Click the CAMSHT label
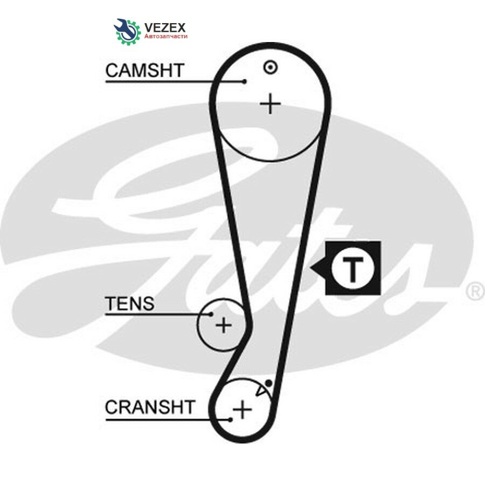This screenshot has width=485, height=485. (145, 71)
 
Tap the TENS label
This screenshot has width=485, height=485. (129, 303)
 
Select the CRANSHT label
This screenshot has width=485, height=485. (150, 407)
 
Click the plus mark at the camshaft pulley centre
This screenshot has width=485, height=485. (271, 103)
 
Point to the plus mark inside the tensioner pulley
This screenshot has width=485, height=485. (224, 325)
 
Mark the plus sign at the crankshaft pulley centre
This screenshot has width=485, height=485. (242, 410)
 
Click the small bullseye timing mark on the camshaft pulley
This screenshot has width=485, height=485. (271, 67)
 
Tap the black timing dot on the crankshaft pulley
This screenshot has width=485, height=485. (269, 384)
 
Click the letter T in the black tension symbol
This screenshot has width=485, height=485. (353, 269)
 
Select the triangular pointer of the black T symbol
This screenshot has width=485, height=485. (317, 268)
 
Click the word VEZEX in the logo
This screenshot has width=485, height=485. (165, 27)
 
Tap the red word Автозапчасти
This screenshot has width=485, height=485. (166, 37)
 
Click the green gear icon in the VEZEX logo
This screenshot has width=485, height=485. (129, 32)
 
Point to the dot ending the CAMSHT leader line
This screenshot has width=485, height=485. (244, 82)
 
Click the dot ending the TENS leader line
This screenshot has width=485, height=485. (211, 314)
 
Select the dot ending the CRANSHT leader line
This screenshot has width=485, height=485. (231, 420)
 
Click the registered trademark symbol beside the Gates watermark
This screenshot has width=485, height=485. (475, 292)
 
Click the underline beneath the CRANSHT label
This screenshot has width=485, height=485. (168, 420)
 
